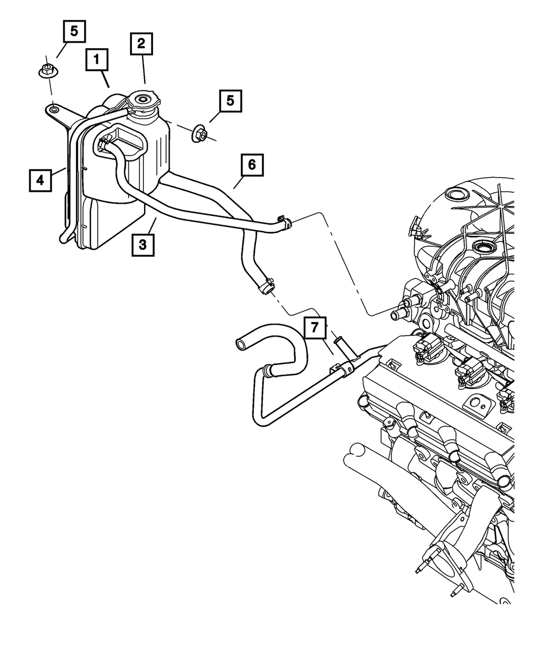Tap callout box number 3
143,244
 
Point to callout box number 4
40,180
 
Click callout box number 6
252,166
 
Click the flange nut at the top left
47,70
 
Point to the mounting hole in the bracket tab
54,110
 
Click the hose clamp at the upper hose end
285,222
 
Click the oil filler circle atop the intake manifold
456,195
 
